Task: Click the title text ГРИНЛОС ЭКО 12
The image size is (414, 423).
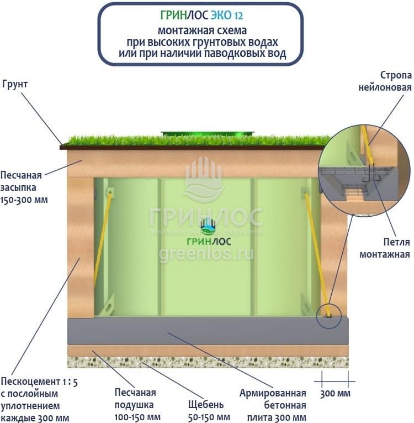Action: [x=201, y=15]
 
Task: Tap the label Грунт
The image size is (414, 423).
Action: [x=15, y=84]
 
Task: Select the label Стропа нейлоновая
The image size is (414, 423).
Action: [x=385, y=81]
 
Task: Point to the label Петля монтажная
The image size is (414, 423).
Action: [x=385, y=248]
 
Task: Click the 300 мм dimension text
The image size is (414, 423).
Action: [x=335, y=394]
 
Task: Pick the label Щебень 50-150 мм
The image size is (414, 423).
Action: [x=209, y=411]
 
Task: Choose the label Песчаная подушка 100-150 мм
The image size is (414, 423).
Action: [x=137, y=405]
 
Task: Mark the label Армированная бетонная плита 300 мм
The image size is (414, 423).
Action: [x=273, y=405]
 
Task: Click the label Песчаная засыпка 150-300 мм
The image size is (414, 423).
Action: [x=24, y=187]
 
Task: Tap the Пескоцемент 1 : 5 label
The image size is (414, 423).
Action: [x=39, y=382]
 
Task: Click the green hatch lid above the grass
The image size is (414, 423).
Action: [x=208, y=134]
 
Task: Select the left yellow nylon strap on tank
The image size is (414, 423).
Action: [x=103, y=237]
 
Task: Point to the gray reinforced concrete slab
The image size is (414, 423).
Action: [x=208, y=331]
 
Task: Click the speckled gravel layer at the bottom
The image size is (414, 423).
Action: [x=208, y=362]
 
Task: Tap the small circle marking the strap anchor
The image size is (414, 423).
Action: [x=328, y=316]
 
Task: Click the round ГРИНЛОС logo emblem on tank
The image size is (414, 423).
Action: [x=208, y=224]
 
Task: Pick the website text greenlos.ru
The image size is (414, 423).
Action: [x=206, y=255]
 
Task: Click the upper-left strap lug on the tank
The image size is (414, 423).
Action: [x=110, y=192]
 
